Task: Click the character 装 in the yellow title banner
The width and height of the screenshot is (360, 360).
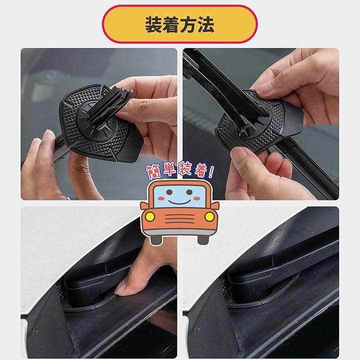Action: (153, 24)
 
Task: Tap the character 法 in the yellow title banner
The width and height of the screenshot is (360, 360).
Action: (205, 24)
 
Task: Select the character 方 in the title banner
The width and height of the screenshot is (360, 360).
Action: (188, 24)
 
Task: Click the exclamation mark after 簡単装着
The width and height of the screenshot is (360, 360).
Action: (210, 171)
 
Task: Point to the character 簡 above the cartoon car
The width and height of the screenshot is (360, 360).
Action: (154, 171)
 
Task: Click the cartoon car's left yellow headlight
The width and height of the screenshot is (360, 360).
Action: (150, 216)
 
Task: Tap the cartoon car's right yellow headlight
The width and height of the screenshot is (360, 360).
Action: (209, 216)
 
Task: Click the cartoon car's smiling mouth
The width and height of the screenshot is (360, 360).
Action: (179, 202)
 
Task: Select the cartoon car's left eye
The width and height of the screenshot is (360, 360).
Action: (169, 192)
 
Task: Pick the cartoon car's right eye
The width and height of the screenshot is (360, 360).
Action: (189, 192)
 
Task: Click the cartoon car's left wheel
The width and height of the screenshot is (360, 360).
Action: (156, 240)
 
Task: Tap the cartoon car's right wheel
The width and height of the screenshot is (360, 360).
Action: (203, 240)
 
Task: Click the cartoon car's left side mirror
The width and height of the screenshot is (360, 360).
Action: (144, 205)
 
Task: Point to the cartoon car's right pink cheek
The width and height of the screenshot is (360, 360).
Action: (197, 198)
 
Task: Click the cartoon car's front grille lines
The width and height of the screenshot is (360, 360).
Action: (179, 219)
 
